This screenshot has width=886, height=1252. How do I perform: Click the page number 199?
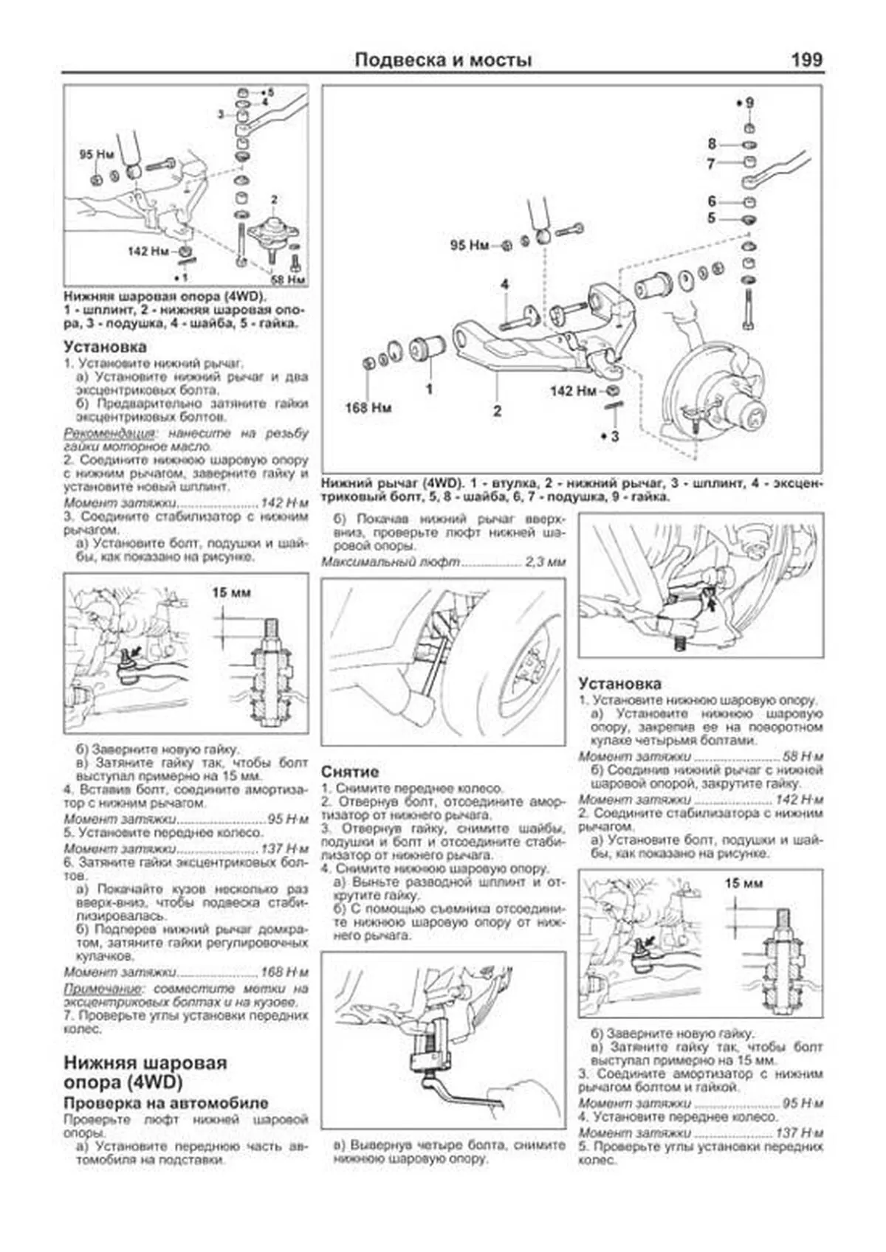pos(806,60)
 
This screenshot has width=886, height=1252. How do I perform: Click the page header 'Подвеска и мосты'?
pos(443,60)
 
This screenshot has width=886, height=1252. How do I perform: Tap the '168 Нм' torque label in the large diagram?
pos(368,407)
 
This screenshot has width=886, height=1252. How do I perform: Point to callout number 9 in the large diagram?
pos(749,103)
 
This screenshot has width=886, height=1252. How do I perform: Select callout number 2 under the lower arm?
pos(497,411)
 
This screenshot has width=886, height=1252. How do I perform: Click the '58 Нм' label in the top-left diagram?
pos(288,280)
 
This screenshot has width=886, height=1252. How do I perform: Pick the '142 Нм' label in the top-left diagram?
pos(148,252)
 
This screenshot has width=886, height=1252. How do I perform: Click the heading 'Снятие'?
pos(350,772)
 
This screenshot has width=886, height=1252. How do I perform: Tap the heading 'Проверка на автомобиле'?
pos(165,1104)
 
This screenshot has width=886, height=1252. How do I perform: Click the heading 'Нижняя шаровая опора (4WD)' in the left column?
pos(145,1073)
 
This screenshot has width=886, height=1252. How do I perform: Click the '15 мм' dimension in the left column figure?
pos(231,593)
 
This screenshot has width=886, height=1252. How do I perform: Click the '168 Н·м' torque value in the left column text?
pos(284,972)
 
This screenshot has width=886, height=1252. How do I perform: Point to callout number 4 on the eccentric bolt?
pos(505,285)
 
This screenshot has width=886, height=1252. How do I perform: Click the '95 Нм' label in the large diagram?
pos(470,245)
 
